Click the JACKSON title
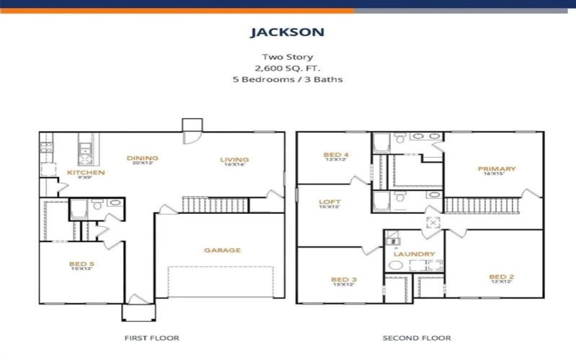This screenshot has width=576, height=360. coord(287,32)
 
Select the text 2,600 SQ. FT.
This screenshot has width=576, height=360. coord(287,68)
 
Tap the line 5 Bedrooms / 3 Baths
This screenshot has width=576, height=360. coord(287,79)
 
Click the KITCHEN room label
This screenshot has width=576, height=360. coord(86,173)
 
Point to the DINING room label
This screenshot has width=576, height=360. coord(143,158)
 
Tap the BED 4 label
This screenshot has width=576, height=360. coord(336,155)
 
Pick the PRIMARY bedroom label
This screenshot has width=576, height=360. coord(498,170)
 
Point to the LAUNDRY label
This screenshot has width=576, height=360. coord(415,254)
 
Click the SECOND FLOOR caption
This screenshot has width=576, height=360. coord(416,338)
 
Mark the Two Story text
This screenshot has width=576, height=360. coord(287,56)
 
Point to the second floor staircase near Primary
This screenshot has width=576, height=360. coord(481,206)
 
